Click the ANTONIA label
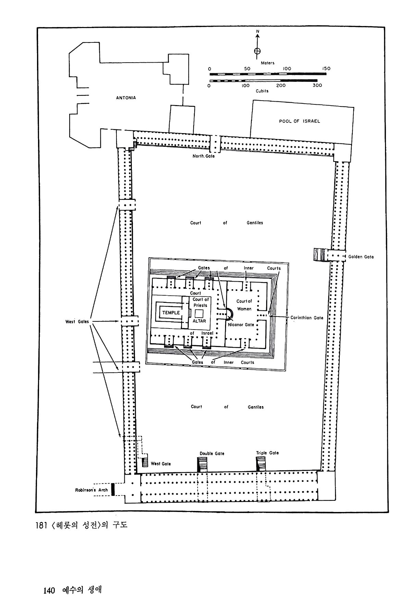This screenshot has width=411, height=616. tap(126, 98)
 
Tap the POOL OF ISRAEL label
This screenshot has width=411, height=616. tap(299, 121)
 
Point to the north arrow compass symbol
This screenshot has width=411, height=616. tap(257, 51)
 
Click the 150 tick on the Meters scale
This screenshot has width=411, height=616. tap(326, 68)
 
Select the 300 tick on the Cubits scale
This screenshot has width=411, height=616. tap(317, 86)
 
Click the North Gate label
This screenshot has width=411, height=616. tap(203, 156)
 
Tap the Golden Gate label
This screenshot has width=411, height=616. tap(361, 257)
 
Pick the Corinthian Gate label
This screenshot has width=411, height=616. tap(307, 318)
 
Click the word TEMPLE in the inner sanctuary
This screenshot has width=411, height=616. tap(171, 313)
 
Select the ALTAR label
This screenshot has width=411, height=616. tap(199, 321)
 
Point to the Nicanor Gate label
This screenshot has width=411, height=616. tap(241, 325)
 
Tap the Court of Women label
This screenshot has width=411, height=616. tap(244, 305)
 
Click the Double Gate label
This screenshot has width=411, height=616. tap(212, 453)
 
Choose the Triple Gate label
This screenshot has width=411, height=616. tap(267, 453)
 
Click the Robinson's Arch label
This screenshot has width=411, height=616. tap(91, 490)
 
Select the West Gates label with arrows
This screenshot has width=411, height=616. tap(77, 322)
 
